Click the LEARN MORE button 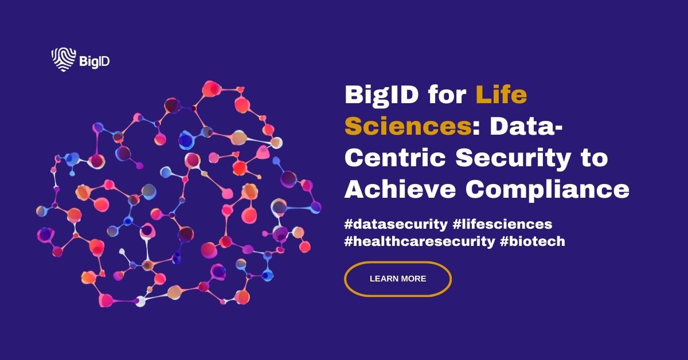pyautogui.click(x=397, y=279)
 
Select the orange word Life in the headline pyautogui.click(x=501, y=95)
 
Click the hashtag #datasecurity pyautogui.click(x=395, y=224)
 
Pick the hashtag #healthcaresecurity pyautogui.click(x=419, y=241)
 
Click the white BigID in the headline pyautogui.click(x=380, y=95)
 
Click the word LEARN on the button pyautogui.click(x=382, y=279)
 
